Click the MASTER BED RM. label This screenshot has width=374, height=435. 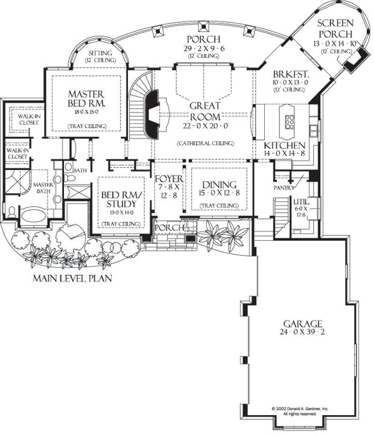click(x=87, y=99)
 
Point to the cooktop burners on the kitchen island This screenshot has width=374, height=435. click(x=288, y=120)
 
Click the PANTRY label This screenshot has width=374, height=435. click(x=283, y=188)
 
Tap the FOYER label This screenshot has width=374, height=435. click(x=168, y=179)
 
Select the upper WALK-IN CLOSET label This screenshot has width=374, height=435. click(x=28, y=119)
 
